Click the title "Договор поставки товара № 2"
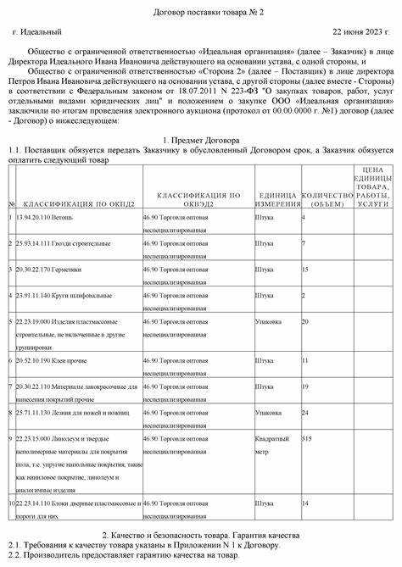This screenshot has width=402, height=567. pyautogui.click(x=201, y=11)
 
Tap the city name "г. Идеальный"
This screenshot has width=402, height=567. pyautogui.click(x=37, y=31)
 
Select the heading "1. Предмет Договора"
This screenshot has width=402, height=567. pyautogui.click(x=200, y=138)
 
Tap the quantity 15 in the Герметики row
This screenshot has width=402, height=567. pyautogui.click(x=306, y=270)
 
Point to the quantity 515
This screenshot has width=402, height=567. pyautogui.click(x=307, y=439)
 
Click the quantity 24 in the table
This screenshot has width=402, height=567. pyautogui.click(x=306, y=413)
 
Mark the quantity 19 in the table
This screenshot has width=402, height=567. pyautogui.click(x=306, y=386)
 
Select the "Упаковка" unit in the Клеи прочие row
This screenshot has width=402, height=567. pyautogui.click(x=269, y=360)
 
